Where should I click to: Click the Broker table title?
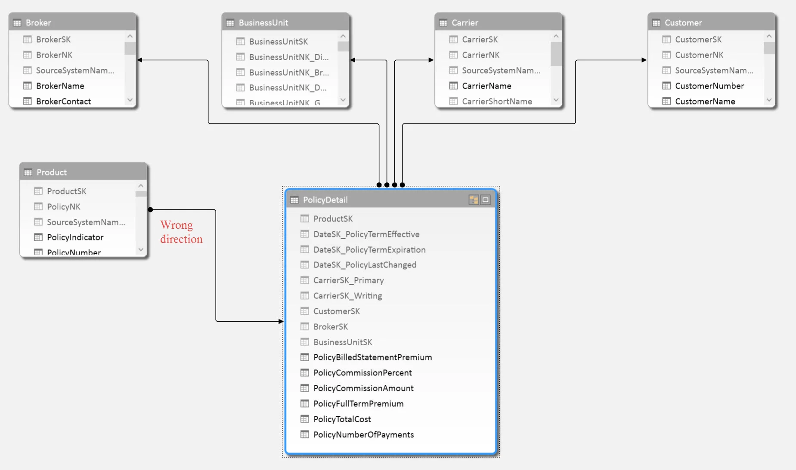click(x=38, y=23)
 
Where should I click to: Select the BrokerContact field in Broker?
click(x=63, y=101)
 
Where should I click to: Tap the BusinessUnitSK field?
click(x=278, y=42)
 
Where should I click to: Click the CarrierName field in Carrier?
click(x=486, y=86)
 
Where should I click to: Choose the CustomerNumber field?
click(x=709, y=86)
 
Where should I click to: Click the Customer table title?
click(x=683, y=23)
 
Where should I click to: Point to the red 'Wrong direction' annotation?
click(x=181, y=232)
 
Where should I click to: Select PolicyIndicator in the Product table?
click(x=75, y=237)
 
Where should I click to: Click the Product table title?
click(x=52, y=172)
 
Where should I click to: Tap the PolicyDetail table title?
click(x=325, y=200)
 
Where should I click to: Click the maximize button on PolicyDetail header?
click(x=485, y=200)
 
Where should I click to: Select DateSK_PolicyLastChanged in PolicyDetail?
click(x=365, y=265)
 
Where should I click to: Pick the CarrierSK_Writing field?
click(x=347, y=296)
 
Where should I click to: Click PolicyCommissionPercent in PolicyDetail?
click(x=362, y=373)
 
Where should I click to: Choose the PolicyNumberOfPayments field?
click(x=363, y=435)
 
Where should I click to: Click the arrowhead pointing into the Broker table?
click(x=140, y=60)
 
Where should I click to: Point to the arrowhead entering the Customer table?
click(x=644, y=60)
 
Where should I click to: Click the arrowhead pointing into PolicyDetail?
click(x=281, y=321)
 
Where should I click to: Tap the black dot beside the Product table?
click(x=150, y=210)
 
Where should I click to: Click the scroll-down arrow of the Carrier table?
click(x=556, y=100)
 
